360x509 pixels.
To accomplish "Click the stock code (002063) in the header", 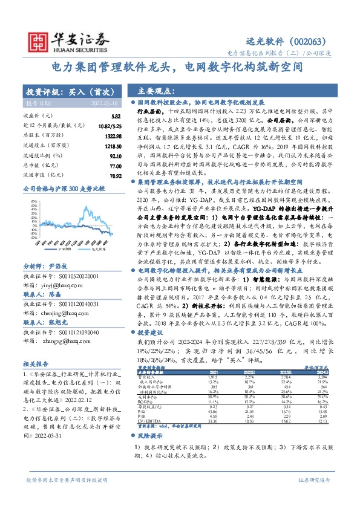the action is pos(309,42).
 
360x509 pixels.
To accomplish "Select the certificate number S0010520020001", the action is pos(73,275).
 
